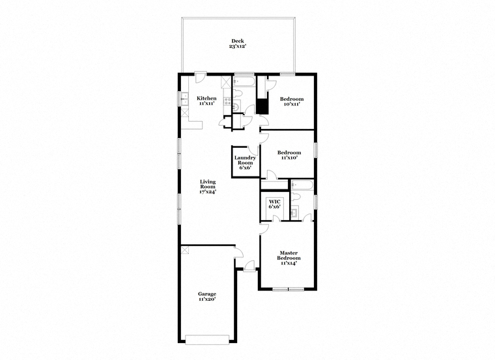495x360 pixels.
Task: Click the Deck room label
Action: point(237,44)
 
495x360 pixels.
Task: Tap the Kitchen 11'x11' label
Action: point(206,101)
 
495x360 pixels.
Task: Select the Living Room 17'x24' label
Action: point(208,186)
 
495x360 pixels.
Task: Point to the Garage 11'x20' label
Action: point(207,297)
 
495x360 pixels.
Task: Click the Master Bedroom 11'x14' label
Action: point(289,258)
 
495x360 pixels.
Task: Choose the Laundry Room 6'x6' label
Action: point(246,163)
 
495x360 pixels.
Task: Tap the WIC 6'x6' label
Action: point(274,204)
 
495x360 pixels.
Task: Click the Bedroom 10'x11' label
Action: point(292,102)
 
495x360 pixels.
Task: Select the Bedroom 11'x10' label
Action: point(289,155)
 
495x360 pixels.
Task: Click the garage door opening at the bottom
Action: point(206,340)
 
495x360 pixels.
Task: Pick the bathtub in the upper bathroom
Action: point(244,82)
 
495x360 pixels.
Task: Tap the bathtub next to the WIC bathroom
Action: point(302,185)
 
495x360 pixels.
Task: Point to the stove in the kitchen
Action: point(227,101)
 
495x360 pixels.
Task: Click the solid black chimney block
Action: point(262,106)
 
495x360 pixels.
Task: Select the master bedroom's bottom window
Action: point(289,289)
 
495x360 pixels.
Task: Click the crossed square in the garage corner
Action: point(185,250)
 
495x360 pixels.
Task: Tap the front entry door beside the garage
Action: point(249,266)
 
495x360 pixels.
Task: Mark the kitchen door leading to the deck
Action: point(200,77)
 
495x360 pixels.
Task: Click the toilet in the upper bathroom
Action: point(237,93)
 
